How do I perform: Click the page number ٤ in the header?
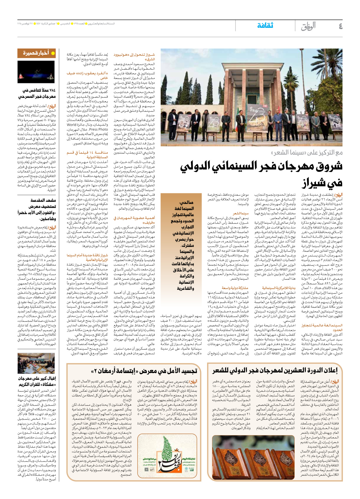point(341,26)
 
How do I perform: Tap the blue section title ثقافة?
point(265,26)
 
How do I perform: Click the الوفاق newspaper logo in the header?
point(308,26)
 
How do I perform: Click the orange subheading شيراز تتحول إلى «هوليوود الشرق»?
point(134,57)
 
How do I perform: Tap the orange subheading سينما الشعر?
point(241,213)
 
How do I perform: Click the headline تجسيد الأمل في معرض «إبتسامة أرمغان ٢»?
point(144,371)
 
